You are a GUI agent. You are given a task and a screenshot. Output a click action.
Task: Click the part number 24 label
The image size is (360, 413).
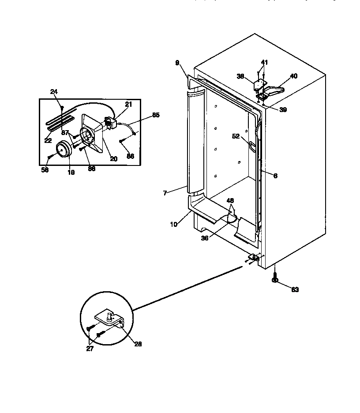click(54, 92)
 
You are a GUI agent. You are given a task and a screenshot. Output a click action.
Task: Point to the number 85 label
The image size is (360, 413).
click(156, 115)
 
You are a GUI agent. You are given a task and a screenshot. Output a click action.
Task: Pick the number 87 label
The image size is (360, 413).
click(65, 133)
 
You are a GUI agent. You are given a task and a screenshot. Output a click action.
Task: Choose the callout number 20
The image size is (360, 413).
click(114, 159)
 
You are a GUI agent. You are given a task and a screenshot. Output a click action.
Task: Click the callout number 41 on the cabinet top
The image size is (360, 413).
click(264, 63)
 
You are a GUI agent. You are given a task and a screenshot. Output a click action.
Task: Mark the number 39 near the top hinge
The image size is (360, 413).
click(283, 110)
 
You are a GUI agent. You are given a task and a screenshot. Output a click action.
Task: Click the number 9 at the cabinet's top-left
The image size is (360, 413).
click(177, 63)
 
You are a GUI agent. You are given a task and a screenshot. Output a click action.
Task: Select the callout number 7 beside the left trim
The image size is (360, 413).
click(165, 193)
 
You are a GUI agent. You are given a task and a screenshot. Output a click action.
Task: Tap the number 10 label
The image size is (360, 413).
click(174, 224)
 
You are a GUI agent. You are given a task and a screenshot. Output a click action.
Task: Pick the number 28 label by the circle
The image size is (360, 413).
click(138, 344)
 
